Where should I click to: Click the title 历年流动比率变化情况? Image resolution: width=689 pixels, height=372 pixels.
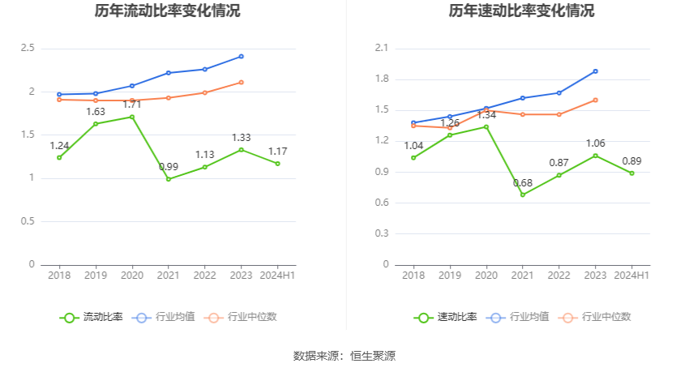167,11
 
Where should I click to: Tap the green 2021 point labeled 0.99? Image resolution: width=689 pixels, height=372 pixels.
169,179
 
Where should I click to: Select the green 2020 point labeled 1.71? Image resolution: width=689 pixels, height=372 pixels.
132,117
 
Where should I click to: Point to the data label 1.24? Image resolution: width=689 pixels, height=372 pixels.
59,146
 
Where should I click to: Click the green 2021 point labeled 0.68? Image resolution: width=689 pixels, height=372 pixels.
523,195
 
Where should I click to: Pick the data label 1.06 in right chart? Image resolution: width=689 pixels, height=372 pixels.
596,143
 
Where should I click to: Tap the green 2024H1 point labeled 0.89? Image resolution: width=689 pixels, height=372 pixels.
632,173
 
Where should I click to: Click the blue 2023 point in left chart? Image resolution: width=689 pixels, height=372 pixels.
241,56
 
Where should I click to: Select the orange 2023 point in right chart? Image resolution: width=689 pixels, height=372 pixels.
595,100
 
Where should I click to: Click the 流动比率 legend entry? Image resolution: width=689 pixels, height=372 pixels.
92,317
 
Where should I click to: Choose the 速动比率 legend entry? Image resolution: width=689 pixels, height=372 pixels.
446,317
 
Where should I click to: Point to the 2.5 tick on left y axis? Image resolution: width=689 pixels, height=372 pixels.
28,49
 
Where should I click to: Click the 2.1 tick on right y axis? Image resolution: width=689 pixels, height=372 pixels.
382,49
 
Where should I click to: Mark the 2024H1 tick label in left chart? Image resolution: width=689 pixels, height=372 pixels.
277,276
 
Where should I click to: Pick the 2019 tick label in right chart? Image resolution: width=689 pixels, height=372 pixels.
450,276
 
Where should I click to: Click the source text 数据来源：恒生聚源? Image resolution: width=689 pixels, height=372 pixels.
344,356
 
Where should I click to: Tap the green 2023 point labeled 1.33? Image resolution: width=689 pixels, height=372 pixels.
241,149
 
